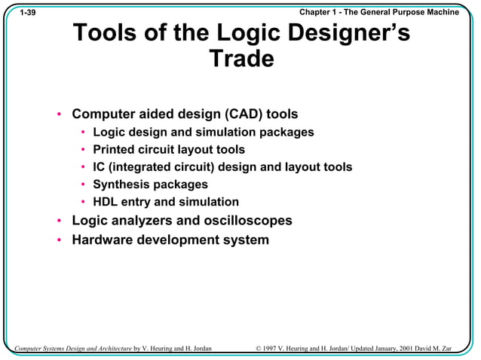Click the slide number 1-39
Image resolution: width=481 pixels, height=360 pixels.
click(x=27, y=13)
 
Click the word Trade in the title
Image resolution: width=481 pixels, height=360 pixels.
click(x=240, y=59)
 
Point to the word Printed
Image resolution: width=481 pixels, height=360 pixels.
click(x=115, y=149)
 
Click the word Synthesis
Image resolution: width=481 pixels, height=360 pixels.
click(x=121, y=184)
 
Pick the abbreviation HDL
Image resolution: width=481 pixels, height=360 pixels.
click(x=106, y=202)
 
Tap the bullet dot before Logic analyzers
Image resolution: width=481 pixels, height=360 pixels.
click(x=59, y=221)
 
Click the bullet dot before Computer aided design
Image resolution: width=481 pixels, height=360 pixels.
click(x=59, y=115)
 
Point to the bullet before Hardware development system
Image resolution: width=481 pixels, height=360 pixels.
click(x=59, y=241)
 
